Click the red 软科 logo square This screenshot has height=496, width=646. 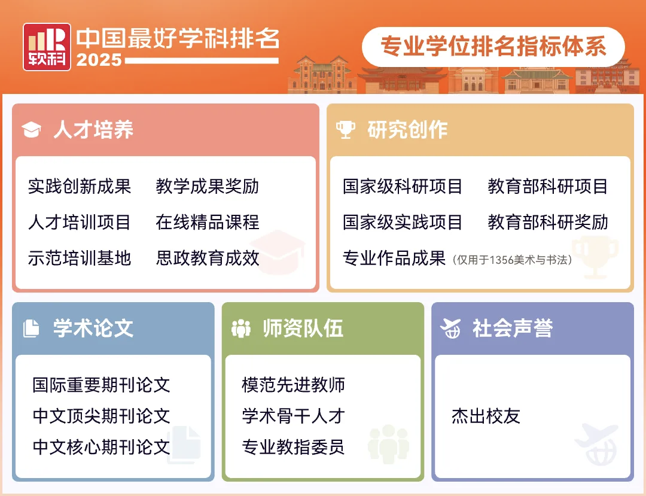coord(47,47)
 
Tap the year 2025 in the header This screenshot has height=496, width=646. coord(99,60)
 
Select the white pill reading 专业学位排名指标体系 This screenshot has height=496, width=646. coord(493,47)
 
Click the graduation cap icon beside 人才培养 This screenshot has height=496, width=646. coord(31,130)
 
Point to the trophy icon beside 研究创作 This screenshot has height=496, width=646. coord(345,129)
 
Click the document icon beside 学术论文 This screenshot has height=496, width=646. coord(31,328)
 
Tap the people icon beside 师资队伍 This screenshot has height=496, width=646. coord(241,328)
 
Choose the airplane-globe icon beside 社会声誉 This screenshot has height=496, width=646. coord(450,328)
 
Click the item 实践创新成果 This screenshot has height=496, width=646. coord(80,187)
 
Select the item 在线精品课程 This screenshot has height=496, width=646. coord(207,223)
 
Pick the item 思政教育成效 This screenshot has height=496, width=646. coord(207,258)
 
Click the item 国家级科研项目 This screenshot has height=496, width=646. coord(403,187)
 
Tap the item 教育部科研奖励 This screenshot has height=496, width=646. coord(548,223)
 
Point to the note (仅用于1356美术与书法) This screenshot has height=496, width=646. coord(512,260)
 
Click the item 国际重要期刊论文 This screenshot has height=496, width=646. coord(101,385)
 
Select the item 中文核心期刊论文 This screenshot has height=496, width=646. coord(101,447)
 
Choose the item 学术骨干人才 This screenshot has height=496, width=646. coord(293,416)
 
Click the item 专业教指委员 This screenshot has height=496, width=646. coord(293,447)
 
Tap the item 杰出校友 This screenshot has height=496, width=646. coord(486,416)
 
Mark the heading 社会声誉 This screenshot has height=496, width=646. coord(513,328)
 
